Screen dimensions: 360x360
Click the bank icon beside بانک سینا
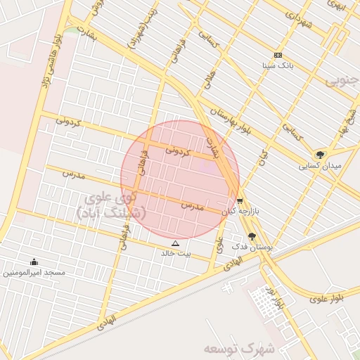[x=278, y=56]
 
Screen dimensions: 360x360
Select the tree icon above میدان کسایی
[x=321, y=155]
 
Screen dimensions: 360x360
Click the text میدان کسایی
[x=320, y=166]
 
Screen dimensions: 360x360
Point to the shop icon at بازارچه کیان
[x=240, y=200]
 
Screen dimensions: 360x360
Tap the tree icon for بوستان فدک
[x=252, y=237]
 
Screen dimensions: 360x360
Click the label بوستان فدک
[x=251, y=247]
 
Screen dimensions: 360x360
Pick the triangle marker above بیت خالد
[x=176, y=243]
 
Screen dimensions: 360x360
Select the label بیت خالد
[x=176, y=253]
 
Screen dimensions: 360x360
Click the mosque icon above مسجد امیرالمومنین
[x=34, y=262]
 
